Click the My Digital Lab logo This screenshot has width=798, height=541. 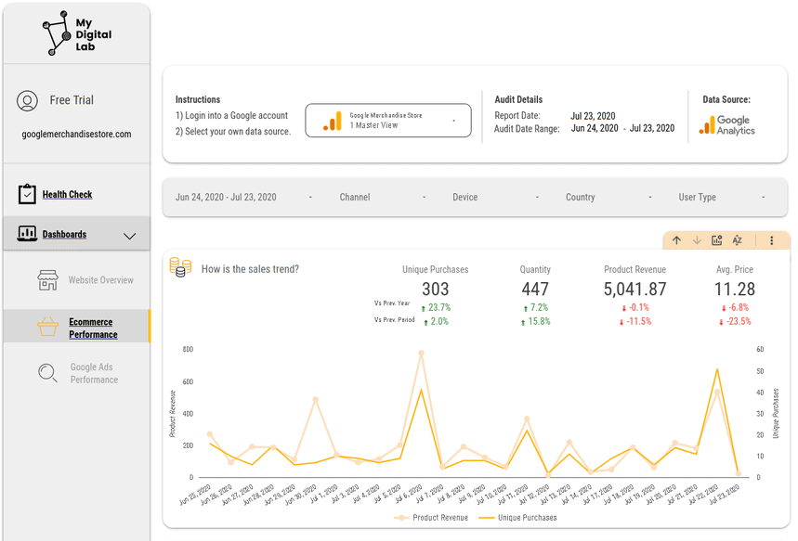point(76,33)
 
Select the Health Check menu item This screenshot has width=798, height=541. point(67,195)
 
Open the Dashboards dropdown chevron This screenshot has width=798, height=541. point(129,236)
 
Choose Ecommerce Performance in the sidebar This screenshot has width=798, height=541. point(93,328)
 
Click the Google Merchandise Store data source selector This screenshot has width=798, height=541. point(387,121)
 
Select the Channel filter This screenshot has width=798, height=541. point(355,198)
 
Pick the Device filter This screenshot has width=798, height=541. point(465,198)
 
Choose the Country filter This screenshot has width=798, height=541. point(581,198)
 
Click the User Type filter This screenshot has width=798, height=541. point(698,198)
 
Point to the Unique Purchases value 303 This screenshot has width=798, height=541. point(435,290)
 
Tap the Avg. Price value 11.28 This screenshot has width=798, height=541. point(734,290)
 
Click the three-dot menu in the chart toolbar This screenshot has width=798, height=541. point(771,240)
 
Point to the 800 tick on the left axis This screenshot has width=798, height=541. point(188,350)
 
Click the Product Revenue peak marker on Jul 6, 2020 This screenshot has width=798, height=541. point(421,354)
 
